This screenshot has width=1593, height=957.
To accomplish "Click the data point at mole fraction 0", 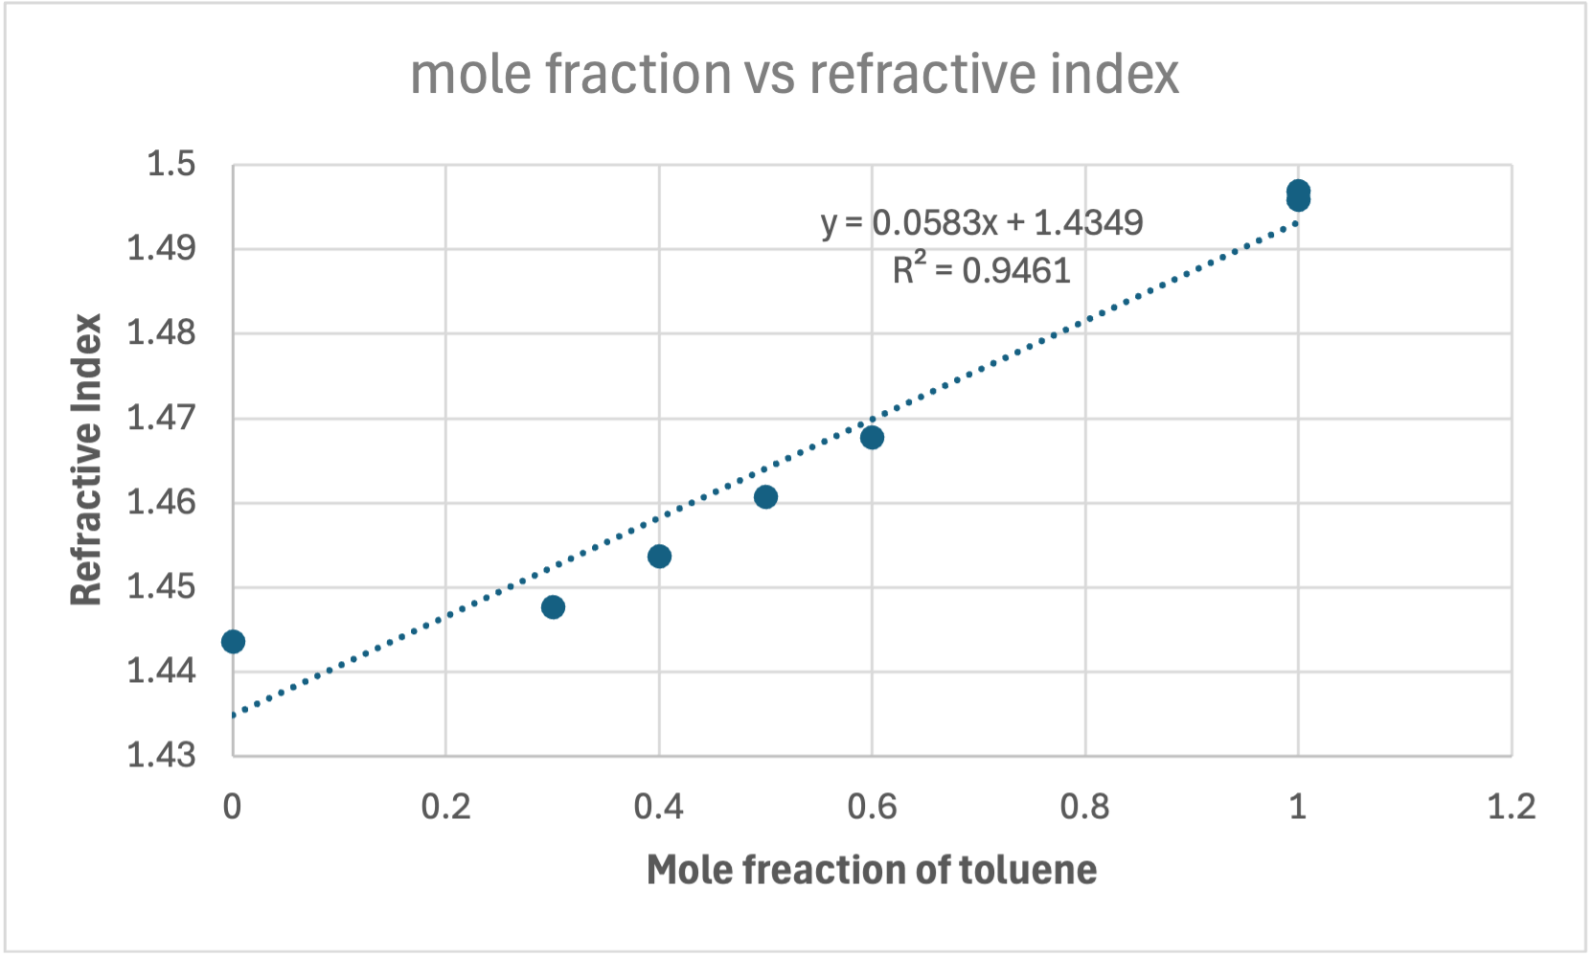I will pos(233,641).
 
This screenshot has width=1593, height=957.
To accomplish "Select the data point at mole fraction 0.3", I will pos(553,606).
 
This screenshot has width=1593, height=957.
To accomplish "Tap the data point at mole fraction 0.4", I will pos(659,556).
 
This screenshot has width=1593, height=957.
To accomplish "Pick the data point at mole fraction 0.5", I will pos(765,496).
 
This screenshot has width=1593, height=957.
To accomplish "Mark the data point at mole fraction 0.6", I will pos(872,437).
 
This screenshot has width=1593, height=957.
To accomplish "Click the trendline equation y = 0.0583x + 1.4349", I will pos(982,222).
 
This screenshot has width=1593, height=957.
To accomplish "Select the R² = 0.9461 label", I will pos(981,269).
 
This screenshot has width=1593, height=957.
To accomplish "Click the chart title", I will pos(794,74).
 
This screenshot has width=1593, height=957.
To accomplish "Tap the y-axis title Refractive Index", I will pos(86,460).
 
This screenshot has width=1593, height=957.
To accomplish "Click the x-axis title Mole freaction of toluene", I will pos(871,870).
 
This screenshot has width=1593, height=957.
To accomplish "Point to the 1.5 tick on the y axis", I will pos(171,164).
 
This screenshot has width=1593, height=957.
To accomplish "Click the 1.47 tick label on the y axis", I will pos(161,418).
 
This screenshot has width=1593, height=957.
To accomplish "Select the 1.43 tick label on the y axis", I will pos(161,755).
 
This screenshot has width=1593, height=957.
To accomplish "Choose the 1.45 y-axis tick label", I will pos(161,586).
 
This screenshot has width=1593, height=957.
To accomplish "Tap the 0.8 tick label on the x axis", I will pos(1084,807).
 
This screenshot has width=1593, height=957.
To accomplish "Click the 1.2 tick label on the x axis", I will pos(1511,807).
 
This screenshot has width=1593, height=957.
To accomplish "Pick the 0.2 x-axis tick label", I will pos(445,807).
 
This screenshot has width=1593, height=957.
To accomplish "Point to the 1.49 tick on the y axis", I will pos(161,248).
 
